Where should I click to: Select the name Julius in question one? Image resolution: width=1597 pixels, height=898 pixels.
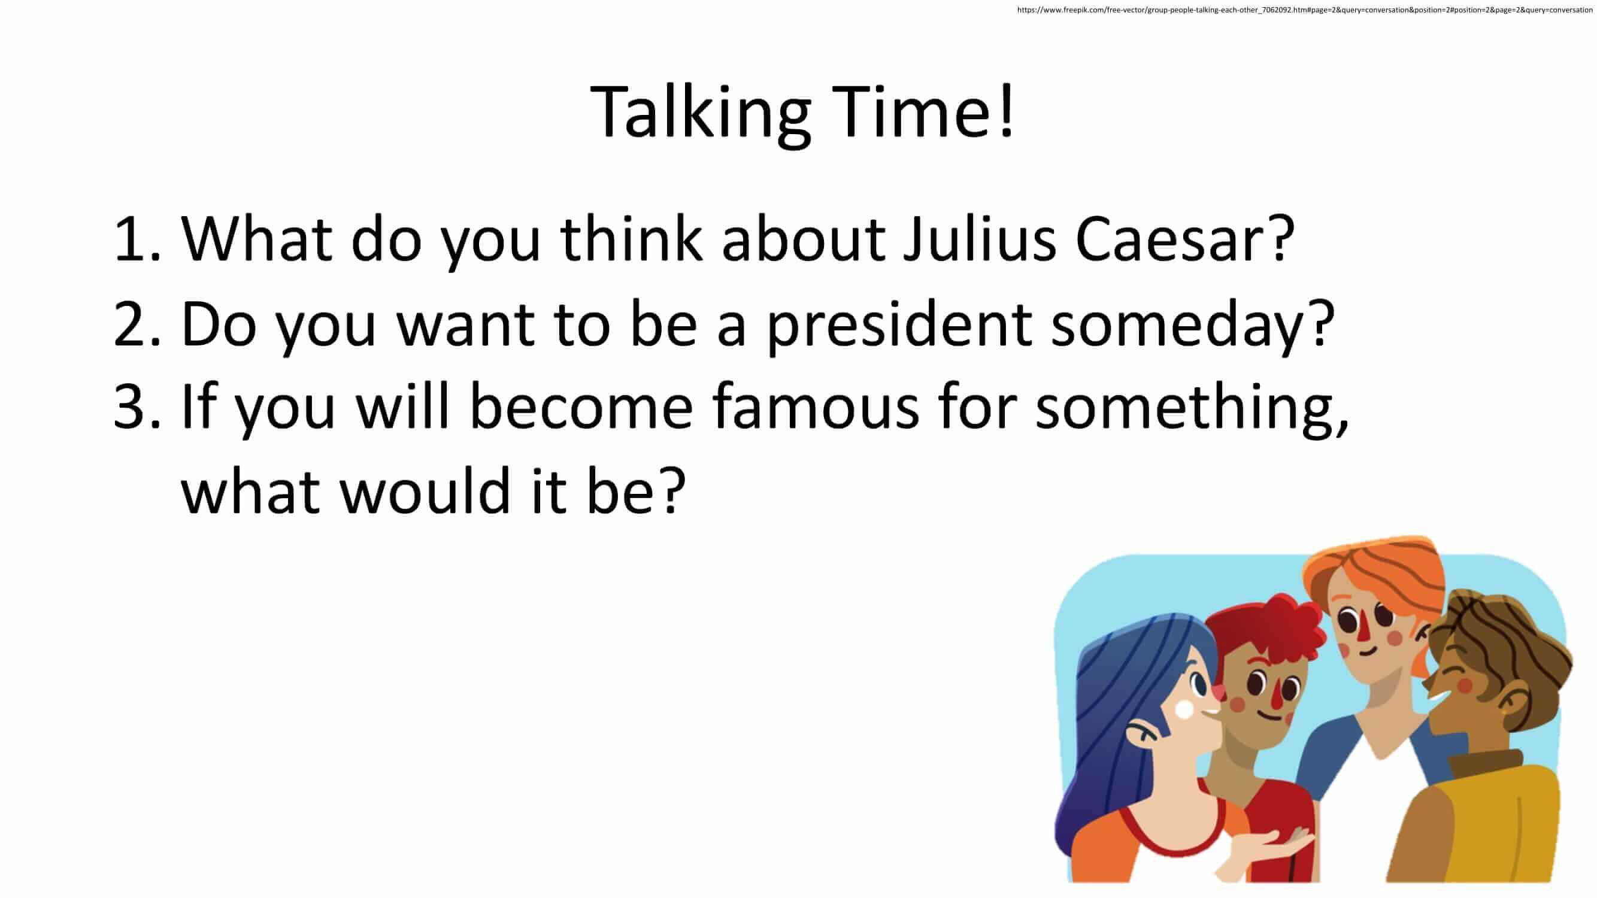[979, 238]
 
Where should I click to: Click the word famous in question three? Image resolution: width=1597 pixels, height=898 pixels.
[815, 405]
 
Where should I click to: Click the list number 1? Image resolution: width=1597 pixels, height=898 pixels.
[137, 239]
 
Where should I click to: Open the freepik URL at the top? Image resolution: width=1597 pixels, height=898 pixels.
[1305, 10]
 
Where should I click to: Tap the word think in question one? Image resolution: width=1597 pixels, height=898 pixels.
[631, 238]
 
